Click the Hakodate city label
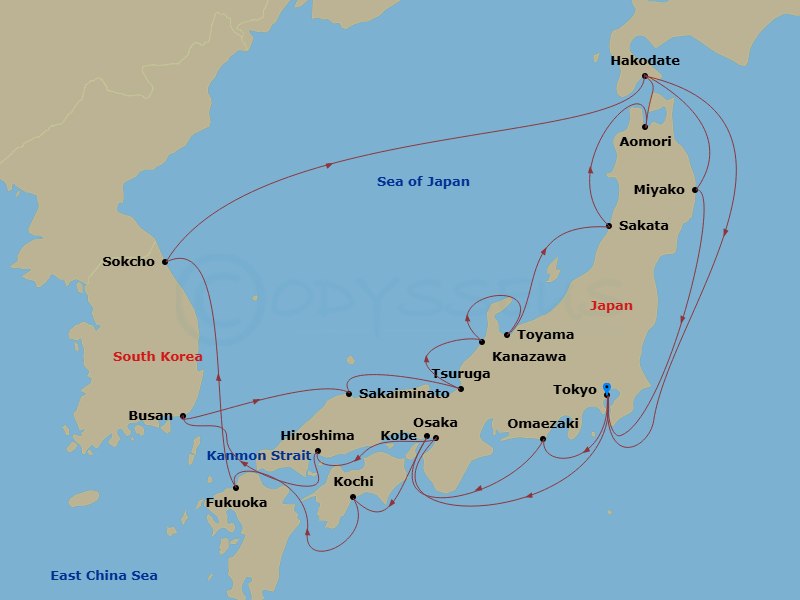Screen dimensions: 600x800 645,61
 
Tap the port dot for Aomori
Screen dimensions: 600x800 646,127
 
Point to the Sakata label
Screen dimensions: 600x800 643,226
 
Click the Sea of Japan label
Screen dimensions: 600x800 423,182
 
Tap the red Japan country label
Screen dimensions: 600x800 611,306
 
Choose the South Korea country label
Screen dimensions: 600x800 158,356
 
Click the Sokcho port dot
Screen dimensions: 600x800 165,262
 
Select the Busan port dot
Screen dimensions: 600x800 182,416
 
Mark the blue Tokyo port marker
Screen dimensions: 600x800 607,387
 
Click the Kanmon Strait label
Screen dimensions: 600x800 251,456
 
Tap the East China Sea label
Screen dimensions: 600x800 104,575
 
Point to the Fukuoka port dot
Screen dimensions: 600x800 236,488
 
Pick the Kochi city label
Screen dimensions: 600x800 353,482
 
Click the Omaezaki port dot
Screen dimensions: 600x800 543,439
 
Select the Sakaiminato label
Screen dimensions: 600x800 404,394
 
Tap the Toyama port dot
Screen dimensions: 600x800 508,335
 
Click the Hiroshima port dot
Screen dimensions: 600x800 317,451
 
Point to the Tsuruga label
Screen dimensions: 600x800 460,374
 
